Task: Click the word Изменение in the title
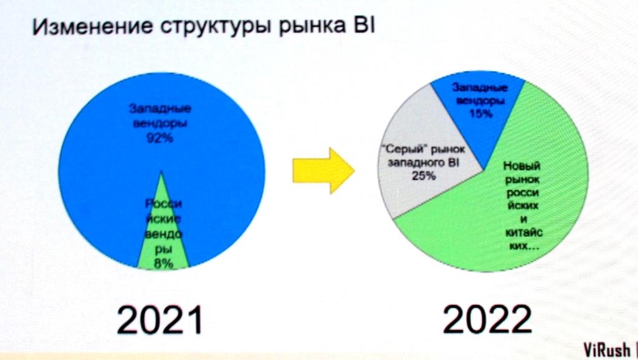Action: [93, 26]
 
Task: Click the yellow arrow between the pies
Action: [323, 171]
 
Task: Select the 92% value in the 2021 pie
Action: [159, 138]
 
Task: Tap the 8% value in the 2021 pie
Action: [163, 263]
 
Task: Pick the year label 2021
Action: [159, 320]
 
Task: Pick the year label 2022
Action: [487, 319]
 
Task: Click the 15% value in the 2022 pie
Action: [481, 113]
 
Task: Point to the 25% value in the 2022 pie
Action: [424, 176]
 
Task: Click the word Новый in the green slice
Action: [521, 166]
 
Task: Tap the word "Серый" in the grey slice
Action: [404, 149]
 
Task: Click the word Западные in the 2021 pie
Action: [160, 108]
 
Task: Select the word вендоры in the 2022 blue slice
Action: [480, 100]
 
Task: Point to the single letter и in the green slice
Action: [523, 219]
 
